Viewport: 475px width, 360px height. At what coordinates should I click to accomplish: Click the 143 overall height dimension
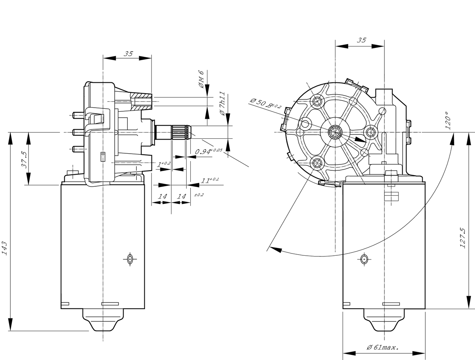(4, 248)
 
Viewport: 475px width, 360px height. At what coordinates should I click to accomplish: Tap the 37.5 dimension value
(24, 160)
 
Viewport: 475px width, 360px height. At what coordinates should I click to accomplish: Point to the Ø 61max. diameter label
(383, 348)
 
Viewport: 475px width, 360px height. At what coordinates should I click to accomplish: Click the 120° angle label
(448, 121)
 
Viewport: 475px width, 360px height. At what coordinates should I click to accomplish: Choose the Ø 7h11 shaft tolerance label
(222, 104)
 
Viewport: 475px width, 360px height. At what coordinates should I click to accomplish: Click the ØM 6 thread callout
(201, 79)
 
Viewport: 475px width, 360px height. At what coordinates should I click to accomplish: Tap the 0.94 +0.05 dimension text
(209, 151)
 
